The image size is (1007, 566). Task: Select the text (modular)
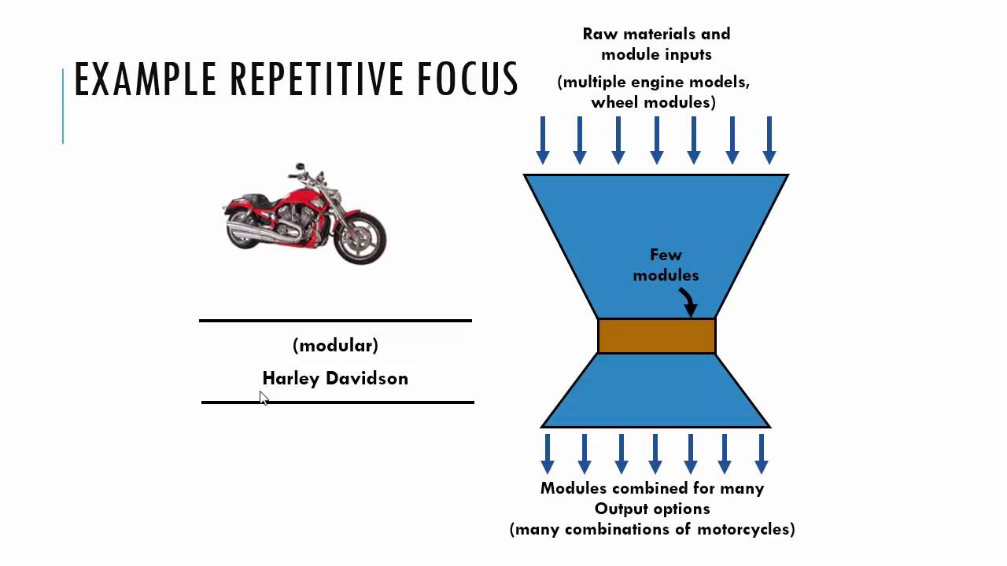[335, 345]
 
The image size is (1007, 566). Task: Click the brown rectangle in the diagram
[656, 336]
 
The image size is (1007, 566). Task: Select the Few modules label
[666, 265]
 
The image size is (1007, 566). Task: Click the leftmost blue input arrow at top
[542, 139]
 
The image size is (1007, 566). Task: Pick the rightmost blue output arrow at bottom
[761, 454]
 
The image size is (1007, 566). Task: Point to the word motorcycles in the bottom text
[745, 529]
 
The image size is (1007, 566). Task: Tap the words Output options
[652, 509]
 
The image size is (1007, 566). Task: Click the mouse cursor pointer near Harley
[264, 399]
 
